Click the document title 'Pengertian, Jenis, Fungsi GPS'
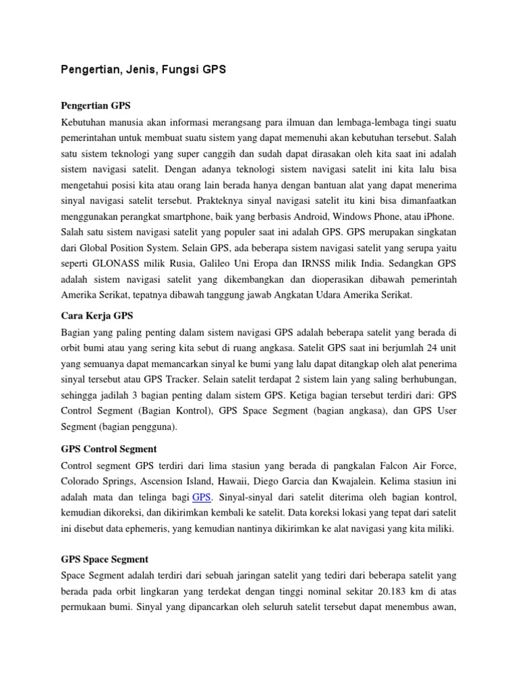click(x=143, y=70)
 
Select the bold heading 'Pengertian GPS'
click(x=95, y=106)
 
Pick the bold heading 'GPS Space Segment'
click(x=105, y=559)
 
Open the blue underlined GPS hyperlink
click(x=202, y=497)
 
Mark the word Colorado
click(x=82, y=481)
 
